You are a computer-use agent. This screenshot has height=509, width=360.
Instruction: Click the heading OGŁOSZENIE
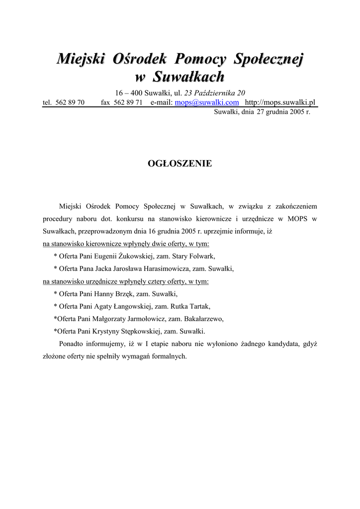(x=180, y=164)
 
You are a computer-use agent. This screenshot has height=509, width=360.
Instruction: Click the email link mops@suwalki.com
(x=207, y=102)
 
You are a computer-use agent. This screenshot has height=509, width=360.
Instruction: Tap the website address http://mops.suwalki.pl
(x=280, y=102)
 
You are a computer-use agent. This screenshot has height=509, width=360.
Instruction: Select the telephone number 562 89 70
(x=70, y=103)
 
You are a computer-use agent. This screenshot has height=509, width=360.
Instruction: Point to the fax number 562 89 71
(x=128, y=103)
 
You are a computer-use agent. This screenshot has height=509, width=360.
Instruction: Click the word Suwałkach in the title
(x=188, y=77)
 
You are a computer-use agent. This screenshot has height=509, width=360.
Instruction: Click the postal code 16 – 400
(x=129, y=93)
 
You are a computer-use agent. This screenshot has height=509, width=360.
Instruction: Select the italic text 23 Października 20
(x=215, y=93)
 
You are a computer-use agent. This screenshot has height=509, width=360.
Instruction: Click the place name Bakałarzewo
(x=204, y=319)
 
